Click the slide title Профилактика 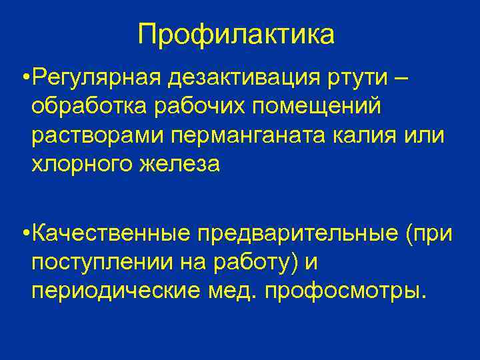[x=236, y=35]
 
